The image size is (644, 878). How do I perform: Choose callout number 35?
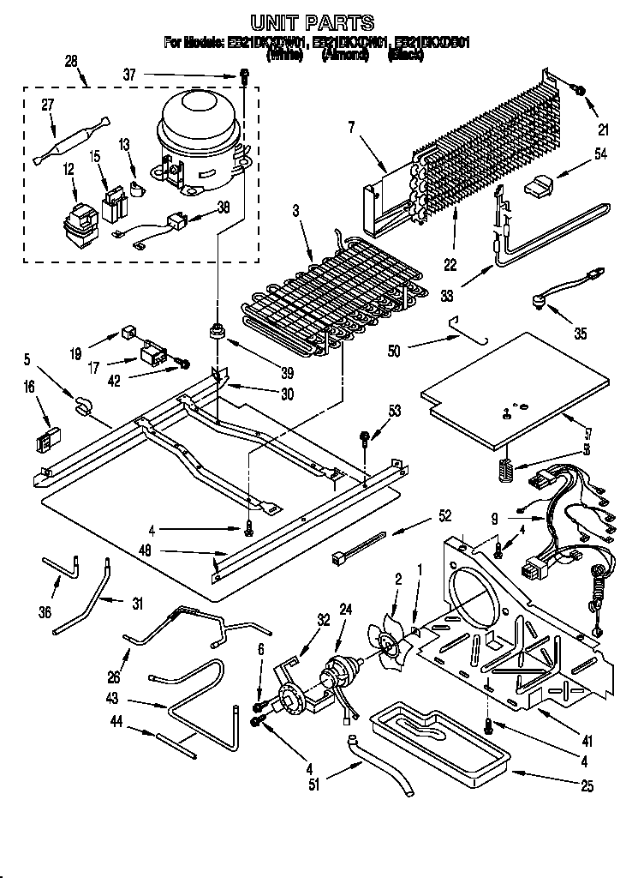tap(581, 334)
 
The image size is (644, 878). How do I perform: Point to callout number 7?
tap(351, 128)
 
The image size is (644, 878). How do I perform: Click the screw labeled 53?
tap(366, 440)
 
